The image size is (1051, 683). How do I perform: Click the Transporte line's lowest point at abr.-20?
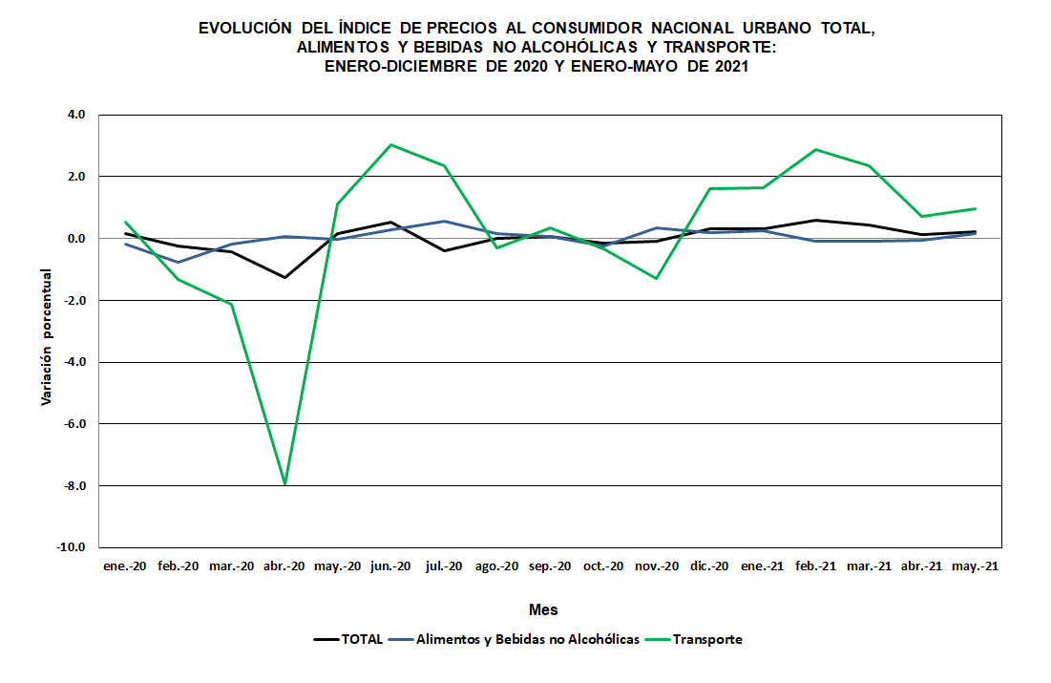(x=284, y=484)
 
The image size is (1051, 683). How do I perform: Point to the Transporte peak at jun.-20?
(x=391, y=145)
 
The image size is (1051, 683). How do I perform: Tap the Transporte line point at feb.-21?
(x=816, y=149)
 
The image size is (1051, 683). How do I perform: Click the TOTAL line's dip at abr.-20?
(x=284, y=277)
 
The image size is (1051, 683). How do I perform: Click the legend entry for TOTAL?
(x=348, y=639)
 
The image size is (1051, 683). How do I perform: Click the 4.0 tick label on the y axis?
(x=76, y=115)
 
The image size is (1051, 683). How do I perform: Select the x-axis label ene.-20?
(x=124, y=566)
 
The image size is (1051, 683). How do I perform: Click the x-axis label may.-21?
(x=976, y=566)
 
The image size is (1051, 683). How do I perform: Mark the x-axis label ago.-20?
(x=497, y=566)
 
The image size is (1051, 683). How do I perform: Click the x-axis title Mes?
(x=543, y=609)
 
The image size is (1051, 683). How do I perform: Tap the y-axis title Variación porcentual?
(x=46, y=336)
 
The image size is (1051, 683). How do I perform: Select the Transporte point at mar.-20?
(x=231, y=304)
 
